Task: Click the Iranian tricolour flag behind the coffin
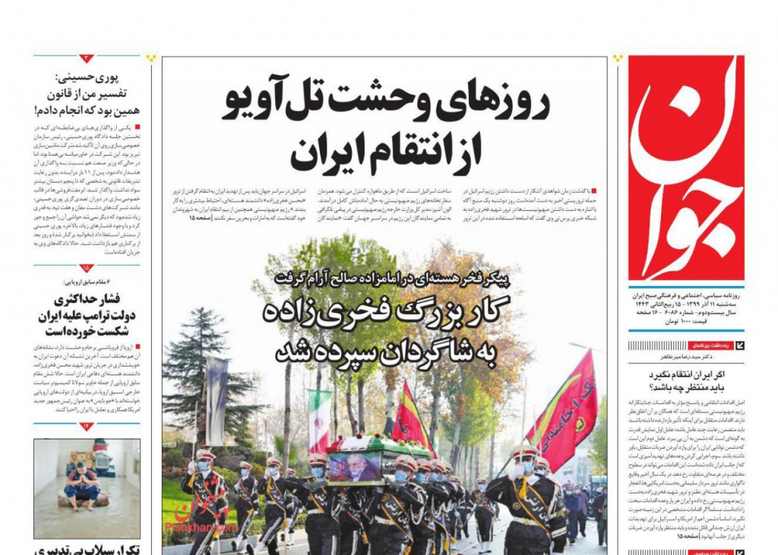click(x=320, y=422)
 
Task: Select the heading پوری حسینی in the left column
click(x=111, y=77)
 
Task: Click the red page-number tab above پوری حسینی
click(x=87, y=58)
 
